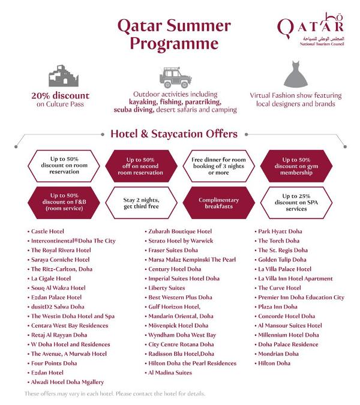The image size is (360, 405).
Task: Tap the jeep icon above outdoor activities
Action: (x=175, y=76)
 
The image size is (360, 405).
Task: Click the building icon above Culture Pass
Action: (x=60, y=76)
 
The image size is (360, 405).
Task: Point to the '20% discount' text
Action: (x=60, y=95)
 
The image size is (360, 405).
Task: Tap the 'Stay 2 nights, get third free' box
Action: (x=142, y=204)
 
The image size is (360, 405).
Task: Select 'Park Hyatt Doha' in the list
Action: (x=280, y=231)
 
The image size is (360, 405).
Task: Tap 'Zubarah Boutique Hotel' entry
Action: (x=180, y=231)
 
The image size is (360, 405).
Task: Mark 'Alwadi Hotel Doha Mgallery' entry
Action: (x=67, y=382)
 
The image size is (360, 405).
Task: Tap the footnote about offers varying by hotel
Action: (x=114, y=394)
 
